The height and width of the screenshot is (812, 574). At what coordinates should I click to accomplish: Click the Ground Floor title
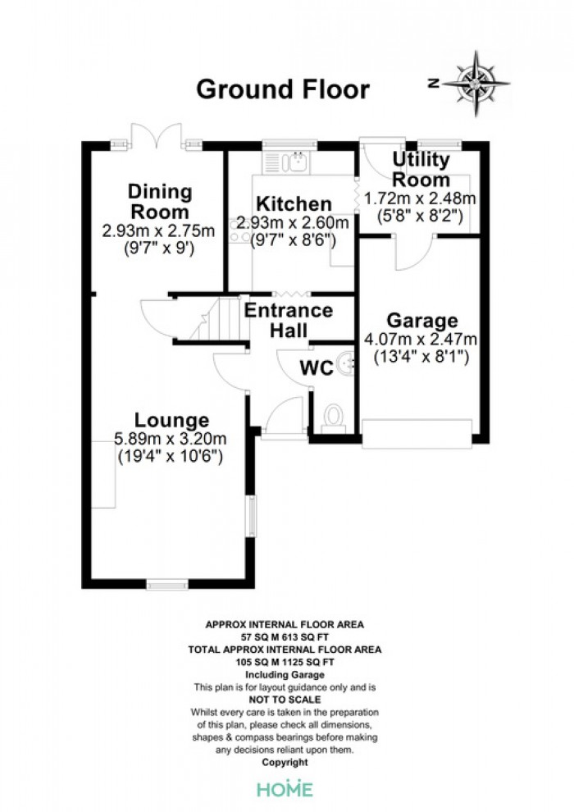(283, 89)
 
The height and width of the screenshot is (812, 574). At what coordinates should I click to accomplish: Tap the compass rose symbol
(476, 84)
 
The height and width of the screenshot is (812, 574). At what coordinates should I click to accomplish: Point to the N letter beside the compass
(434, 83)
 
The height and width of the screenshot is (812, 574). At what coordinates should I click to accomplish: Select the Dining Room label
(160, 202)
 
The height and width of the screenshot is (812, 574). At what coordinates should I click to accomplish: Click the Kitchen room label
(294, 203)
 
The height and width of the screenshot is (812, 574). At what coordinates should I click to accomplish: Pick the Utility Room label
(421, 169)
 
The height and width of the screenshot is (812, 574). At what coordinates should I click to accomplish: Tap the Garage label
(422, 321)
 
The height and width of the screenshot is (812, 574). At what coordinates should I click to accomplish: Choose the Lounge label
(172, 419)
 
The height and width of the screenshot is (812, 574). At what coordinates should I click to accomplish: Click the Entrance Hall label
(289, 320)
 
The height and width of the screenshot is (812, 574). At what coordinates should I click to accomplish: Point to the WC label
(317, 367)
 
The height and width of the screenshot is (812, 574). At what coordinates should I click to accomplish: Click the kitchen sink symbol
(286, 162)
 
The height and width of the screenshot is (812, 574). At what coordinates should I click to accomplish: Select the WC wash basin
(346, 363)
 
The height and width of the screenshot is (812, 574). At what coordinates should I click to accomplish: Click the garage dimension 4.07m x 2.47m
(421, 340)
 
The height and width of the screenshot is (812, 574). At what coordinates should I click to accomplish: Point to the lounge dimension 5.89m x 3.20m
(171, 439)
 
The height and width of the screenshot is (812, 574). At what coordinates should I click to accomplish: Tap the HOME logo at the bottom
(285, 789)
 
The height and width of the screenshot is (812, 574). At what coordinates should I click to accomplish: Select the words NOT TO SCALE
(285, 700)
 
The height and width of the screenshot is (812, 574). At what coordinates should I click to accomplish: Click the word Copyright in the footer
(285, 762)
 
